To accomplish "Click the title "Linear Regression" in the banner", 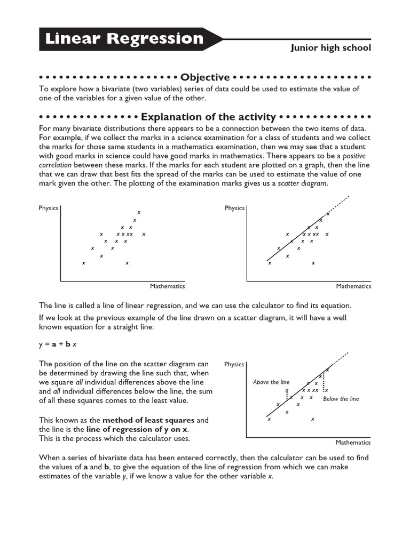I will tap(124, 39).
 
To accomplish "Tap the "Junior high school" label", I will tap(330, 48).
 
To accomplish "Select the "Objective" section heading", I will tap(205, 77).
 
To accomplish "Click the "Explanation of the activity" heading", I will tap(208, 117).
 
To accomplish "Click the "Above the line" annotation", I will tap(271, 382).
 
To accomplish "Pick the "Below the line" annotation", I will tap(341, 399).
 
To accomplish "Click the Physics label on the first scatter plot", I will tap(48, 208).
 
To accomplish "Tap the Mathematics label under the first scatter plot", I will tap(167, 286).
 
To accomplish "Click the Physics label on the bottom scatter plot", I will tap(234, 364).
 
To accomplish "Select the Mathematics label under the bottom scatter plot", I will tap(353, 443).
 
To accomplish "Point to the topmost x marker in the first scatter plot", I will tap(139, 212).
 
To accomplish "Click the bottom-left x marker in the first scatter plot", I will tap(83, 263).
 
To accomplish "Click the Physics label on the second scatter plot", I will tap(234, 208).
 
